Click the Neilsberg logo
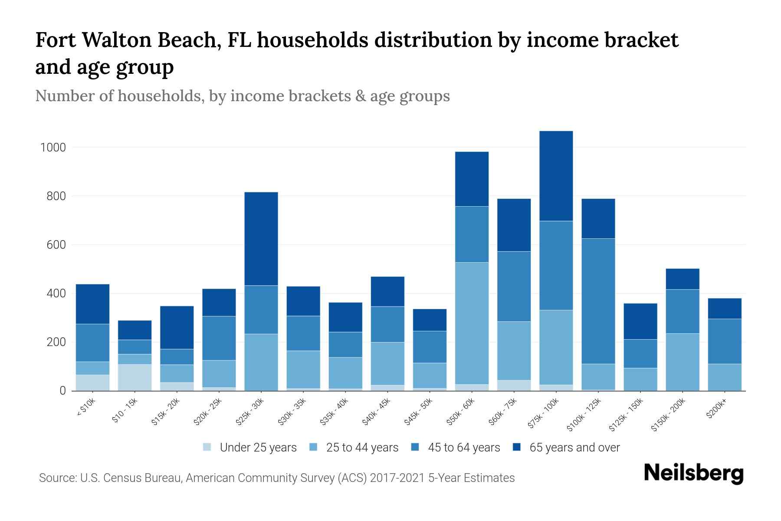pyautogui.click(x=693, y=474)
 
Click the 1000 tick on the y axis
pyautogui.click(x=53, y=148)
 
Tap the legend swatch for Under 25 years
pyautogui.click(x=207, y=447)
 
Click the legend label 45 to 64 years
pyautogui.click(x=464, y=448)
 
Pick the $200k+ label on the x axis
pyautogui.click(x=716, y=409)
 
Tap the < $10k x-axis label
pyautogui.click(x=86, y=409)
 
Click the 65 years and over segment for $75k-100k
pyautogui.click(x=556, y=176)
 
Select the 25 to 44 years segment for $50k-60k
pyautogui.click(x=472, y=323)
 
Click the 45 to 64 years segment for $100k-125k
pyautogui.click(x=598, y=301)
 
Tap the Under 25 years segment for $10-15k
pyautogui.click(x=135, y=377)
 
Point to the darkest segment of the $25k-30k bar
pyautogui.click(x=261, y=238)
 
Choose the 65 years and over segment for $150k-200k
pyautogui.click(x=682, y=279)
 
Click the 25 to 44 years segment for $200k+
pyautogui.click(x=724, y=377)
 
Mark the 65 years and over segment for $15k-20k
pyautogui.click(x=177, y=327)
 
